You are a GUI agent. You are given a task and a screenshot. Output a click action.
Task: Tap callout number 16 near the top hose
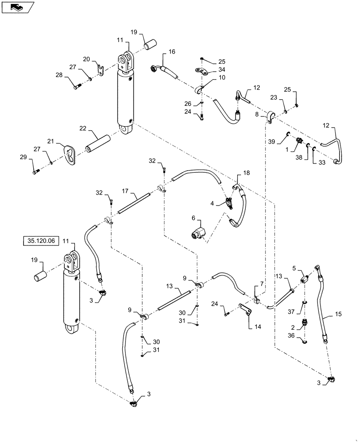(172, 52)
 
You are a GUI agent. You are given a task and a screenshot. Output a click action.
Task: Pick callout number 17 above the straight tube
(125, 191)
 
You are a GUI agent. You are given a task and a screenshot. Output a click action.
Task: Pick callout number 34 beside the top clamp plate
(222, 69)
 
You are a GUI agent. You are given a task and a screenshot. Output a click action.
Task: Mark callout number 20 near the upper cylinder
(86, 58)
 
